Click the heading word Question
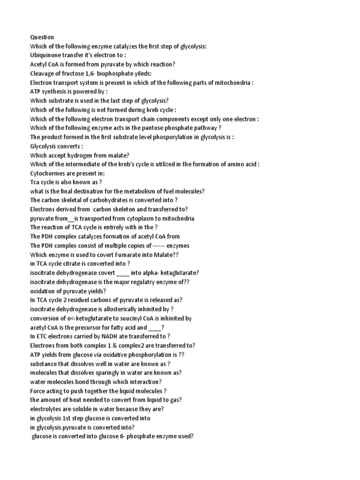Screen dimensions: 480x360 coord(42,37)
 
